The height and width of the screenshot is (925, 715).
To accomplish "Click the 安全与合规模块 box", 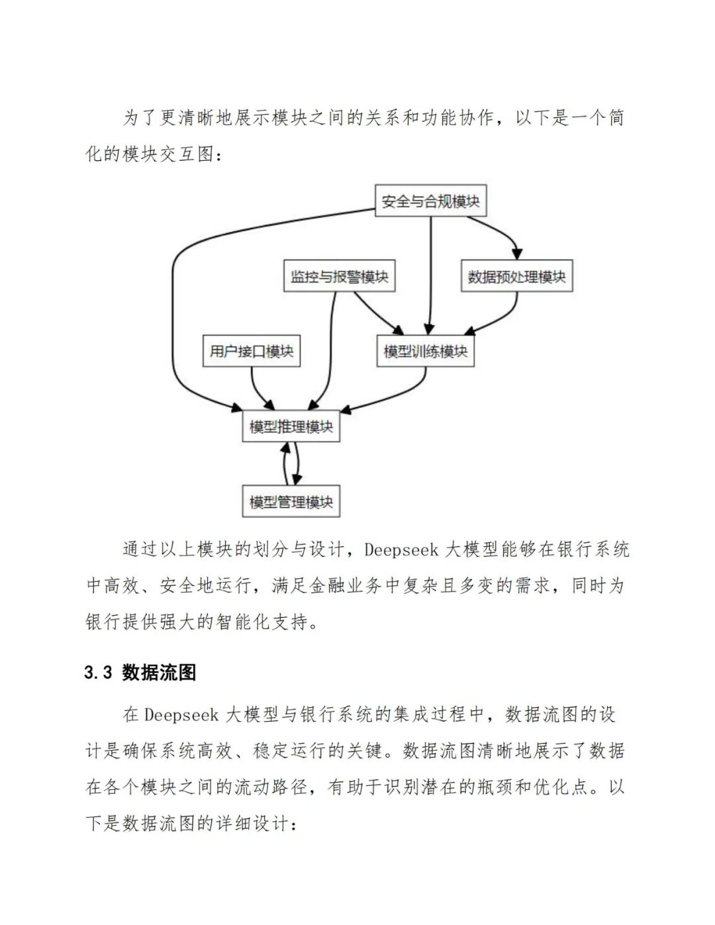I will (x=430, y=201).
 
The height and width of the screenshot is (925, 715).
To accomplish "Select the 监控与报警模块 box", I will (x=339, y=276).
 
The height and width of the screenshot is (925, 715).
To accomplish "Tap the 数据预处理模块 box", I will (x=516, y=276).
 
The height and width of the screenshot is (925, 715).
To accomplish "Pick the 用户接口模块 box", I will (x=251, y=351).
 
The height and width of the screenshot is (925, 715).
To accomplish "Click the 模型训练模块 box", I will (x=425, y=351).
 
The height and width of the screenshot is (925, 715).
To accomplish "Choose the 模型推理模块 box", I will (x=291, y=426).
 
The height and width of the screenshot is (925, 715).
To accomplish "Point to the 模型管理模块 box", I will (x=291, y=502).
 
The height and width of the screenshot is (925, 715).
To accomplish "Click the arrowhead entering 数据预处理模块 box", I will (x=517, y=254).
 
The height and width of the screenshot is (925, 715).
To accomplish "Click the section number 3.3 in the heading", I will (x=98, y=673).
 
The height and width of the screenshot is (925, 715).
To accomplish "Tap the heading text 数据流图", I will (x=159, y=673).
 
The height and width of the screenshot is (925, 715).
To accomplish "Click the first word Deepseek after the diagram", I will (x=401, y=550).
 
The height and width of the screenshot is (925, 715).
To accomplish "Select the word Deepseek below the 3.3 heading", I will (x=181, y=715).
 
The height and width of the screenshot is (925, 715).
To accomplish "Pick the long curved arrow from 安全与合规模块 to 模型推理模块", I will (x=173, y=298).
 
